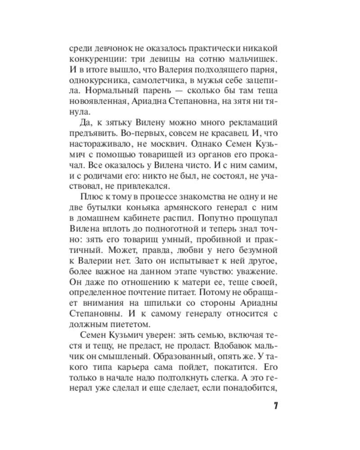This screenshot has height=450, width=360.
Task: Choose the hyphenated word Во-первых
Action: tap(129, 135)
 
